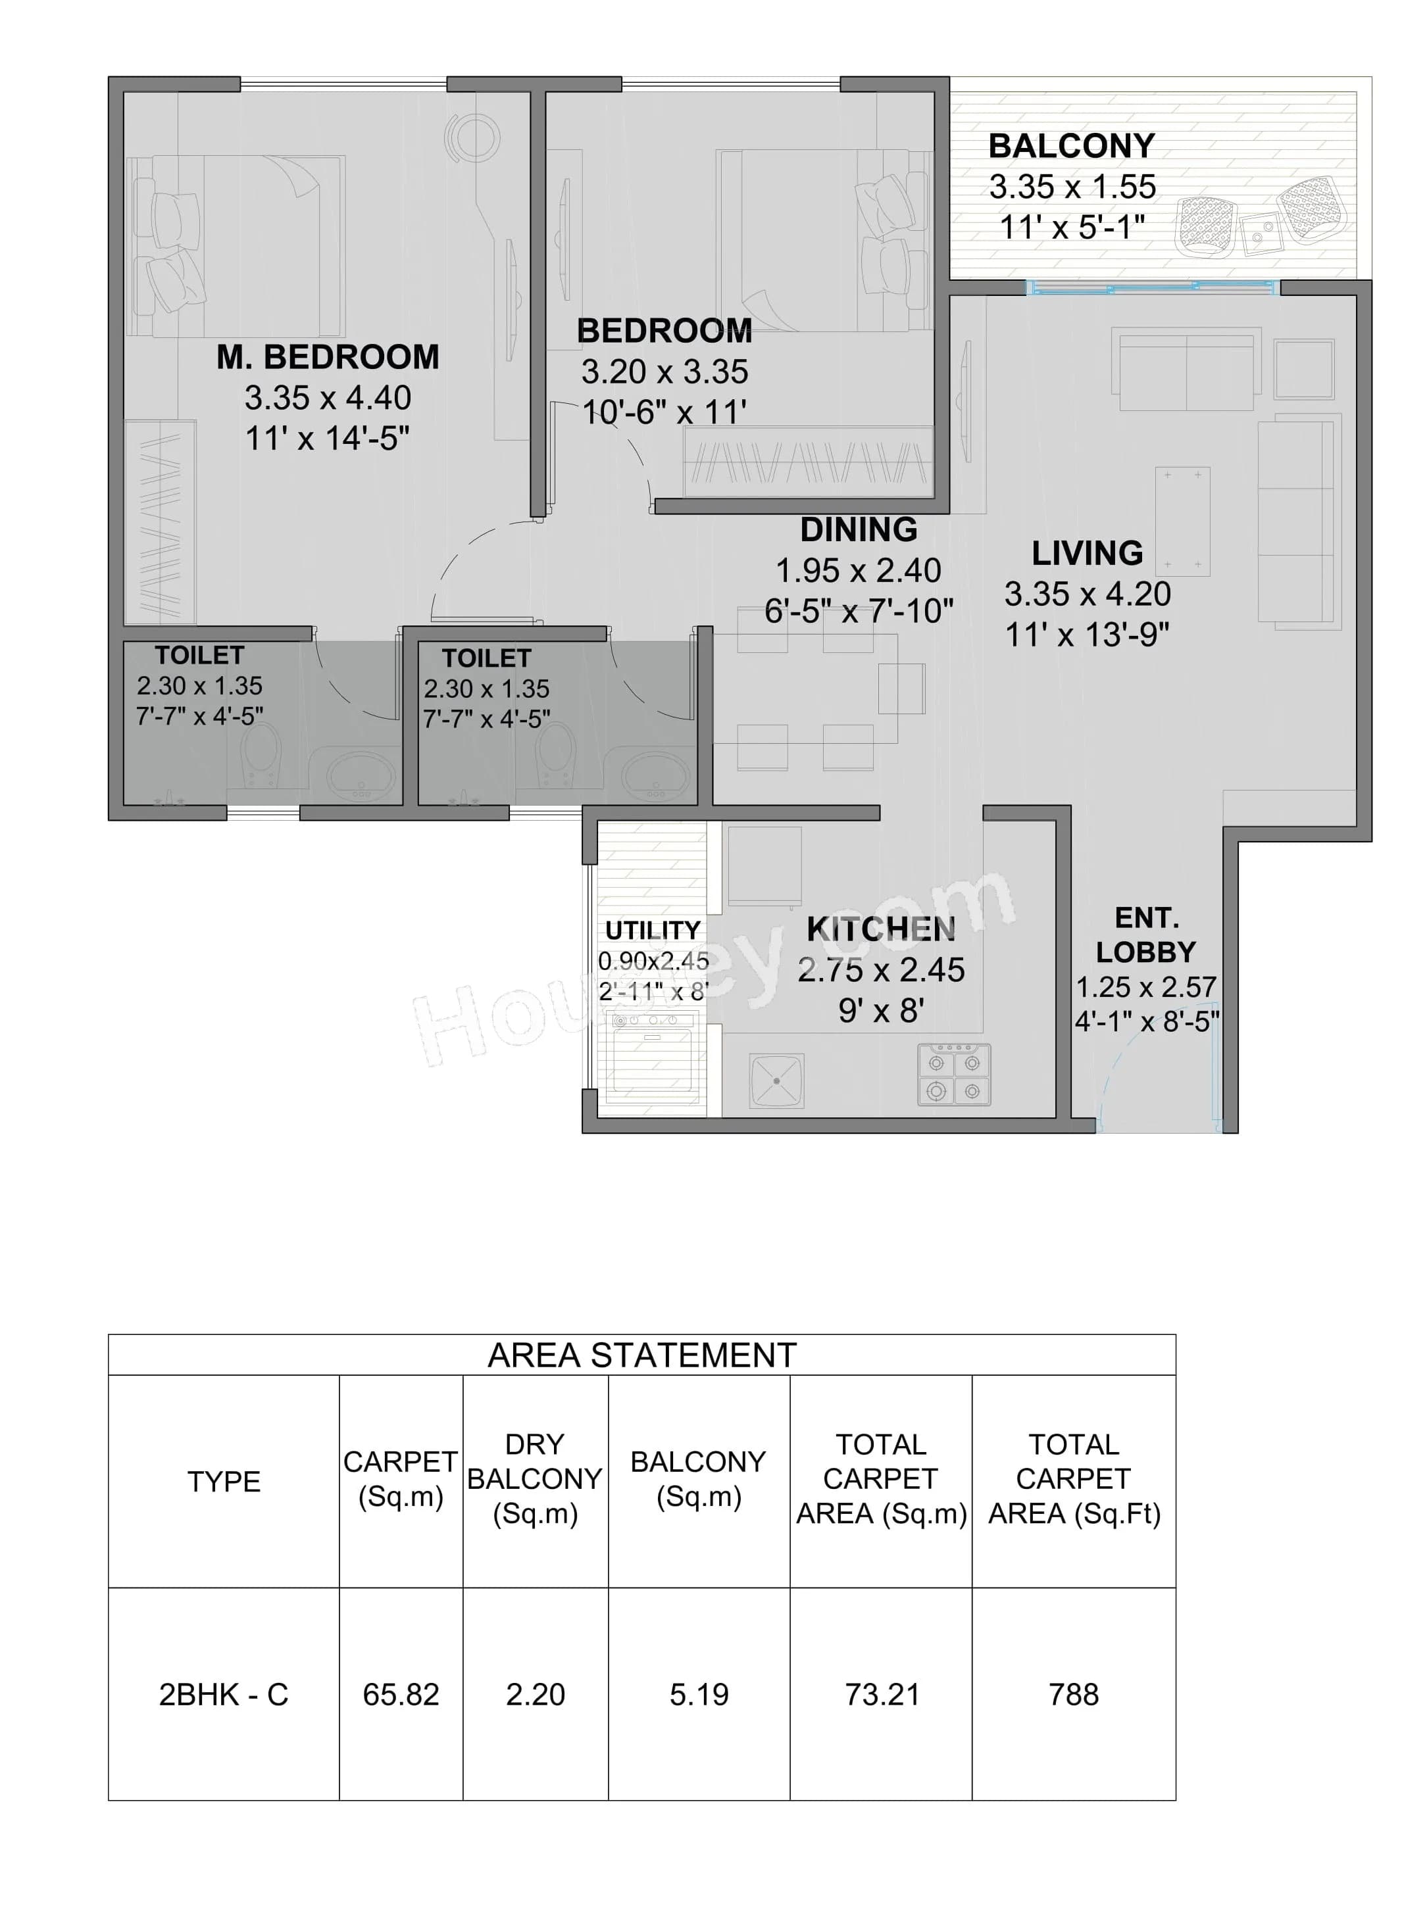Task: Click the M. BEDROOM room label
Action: point(328,356)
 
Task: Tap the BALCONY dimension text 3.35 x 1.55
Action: point(1072,187)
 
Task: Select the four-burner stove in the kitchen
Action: point(954,1075)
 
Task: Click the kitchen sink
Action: point(776,1080)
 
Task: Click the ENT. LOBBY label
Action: point(1145,934)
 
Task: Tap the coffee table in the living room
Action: point(1182,522)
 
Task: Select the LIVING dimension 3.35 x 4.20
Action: point(1087,594)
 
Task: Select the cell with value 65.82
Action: point(401,1695)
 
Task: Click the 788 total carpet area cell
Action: point(1073,1695)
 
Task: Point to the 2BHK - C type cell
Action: point(223,1695)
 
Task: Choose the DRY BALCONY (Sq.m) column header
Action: point(535,1479)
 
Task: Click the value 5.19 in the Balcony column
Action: point(699,1695)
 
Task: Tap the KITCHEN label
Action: point(880,929)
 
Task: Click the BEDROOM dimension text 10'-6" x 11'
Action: point(663,413)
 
